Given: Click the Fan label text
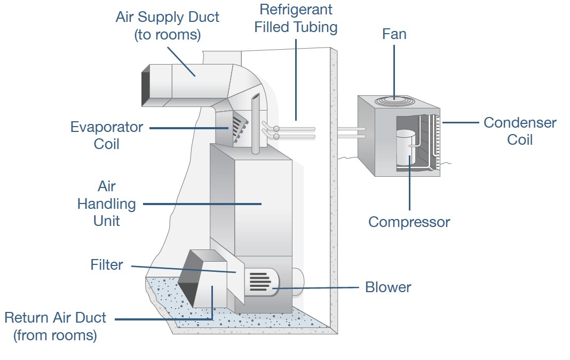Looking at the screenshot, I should [394, 34].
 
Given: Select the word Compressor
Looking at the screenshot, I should [409, 222].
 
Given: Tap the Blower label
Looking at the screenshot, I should [388, 287].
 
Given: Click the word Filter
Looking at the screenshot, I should [107, 264].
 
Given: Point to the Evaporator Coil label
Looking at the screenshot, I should [107, 135].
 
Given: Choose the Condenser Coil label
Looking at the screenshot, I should [519, 131].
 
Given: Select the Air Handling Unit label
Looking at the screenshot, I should [107, 204].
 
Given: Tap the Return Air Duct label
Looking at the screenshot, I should [55, 326].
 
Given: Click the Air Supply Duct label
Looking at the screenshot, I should [167, 26].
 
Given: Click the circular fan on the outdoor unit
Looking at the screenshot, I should [394, 100].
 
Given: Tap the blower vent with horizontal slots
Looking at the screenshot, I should [260, 281].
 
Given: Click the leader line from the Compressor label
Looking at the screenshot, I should [409, 187].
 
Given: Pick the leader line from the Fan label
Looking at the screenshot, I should [394, 69].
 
